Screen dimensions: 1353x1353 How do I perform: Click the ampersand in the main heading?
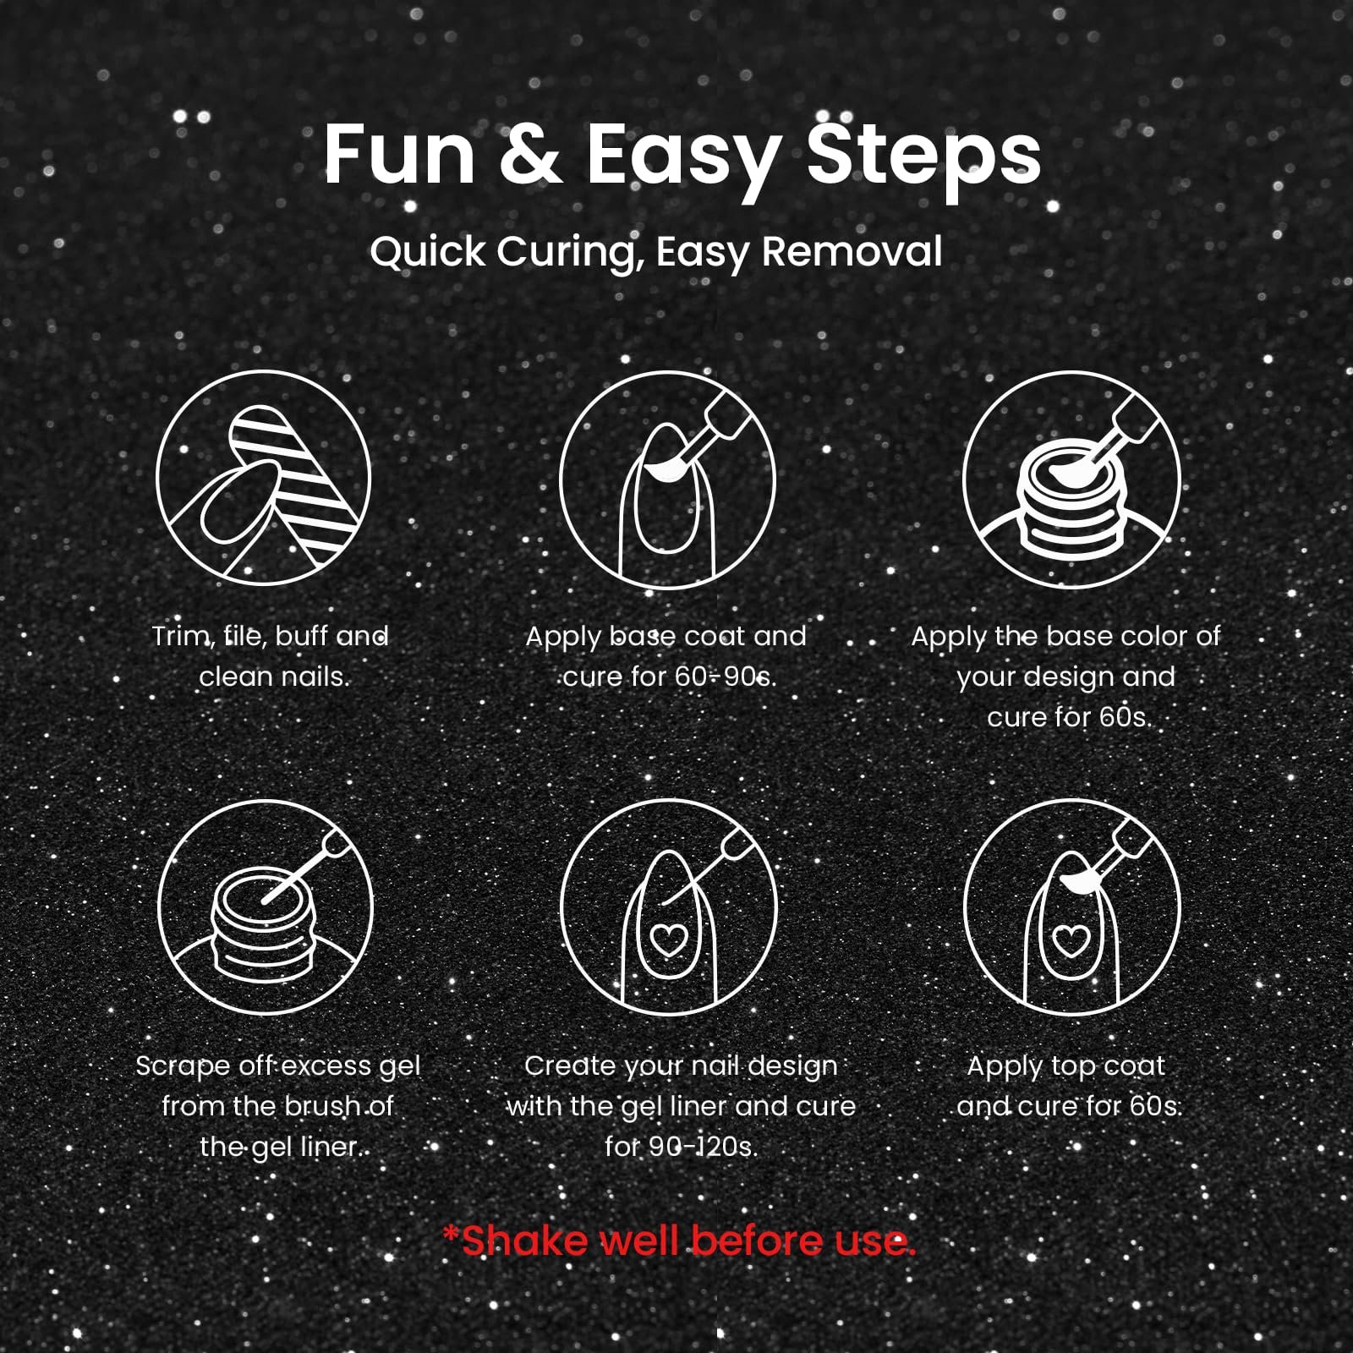coord(530,155)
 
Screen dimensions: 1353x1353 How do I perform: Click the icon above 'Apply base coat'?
coord(667,478)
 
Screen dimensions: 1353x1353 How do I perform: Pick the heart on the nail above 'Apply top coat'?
coord(1071,939)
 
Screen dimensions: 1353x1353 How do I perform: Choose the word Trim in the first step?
coord(181,637)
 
